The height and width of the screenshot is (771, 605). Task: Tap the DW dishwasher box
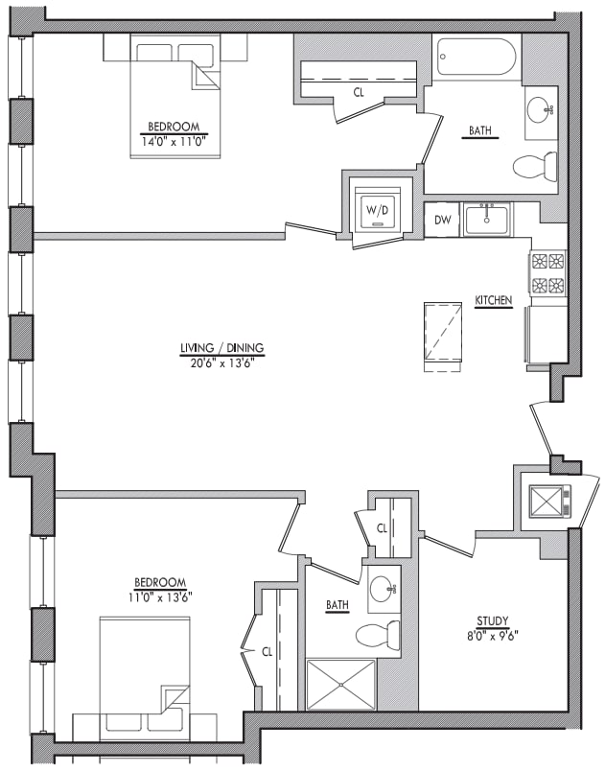(x=442, y=221)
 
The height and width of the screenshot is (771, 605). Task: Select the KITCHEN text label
(x=494, y=301)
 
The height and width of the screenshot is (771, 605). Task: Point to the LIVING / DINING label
(x=221, y=348)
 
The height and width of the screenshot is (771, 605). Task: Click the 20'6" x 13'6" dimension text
(x=221, y=362)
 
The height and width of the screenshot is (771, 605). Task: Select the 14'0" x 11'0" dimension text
(x=174, y=140)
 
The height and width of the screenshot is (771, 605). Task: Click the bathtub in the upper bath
(x=477, y=58)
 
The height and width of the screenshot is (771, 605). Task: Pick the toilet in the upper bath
(x=534, y=167)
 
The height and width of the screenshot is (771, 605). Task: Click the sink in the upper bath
(x=540, y=107)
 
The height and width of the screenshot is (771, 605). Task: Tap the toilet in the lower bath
(x=378, y=634)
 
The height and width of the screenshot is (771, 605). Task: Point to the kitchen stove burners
(x=547, y=272)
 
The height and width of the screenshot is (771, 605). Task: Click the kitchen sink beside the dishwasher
(x=488, y=221)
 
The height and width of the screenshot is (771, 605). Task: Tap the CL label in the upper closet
(x=359, y=92)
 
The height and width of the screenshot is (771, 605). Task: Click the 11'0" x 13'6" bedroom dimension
(x=160, y=596)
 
